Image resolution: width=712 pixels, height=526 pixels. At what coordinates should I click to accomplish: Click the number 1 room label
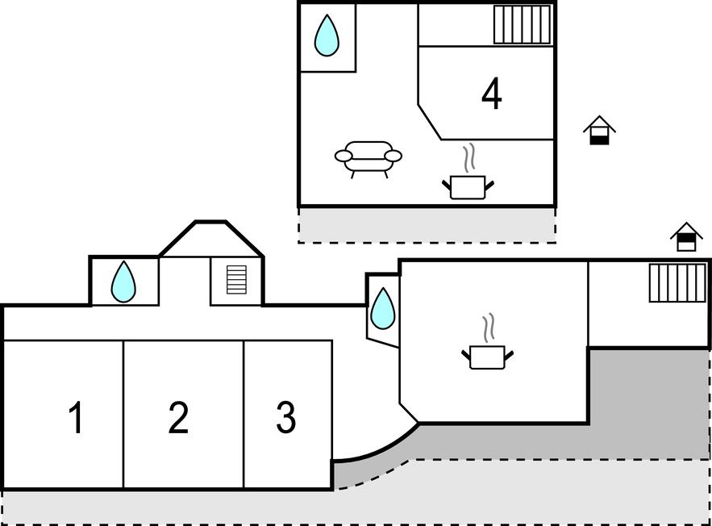pyautogui.click(x=76, y=418)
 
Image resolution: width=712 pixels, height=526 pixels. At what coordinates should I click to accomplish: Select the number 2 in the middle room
pyautogui.click(x=178, y=418)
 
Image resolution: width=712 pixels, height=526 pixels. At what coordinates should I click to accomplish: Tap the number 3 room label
pyautogui.click(x=285, y=418)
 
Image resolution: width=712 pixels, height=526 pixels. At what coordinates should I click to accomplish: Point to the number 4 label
pyautogui.click(x=491, y=94)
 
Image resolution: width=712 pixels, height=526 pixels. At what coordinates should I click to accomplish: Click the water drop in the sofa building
pyautogui.click(x=327, y=36)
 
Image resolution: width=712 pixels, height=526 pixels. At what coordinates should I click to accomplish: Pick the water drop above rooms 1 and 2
pyautogui.click(x=123, y=282)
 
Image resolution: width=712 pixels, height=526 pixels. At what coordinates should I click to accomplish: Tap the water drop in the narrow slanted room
pyautogui.click(x=383, y=309)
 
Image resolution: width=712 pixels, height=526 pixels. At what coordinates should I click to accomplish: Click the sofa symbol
pyautogui.click(x=368, y=157)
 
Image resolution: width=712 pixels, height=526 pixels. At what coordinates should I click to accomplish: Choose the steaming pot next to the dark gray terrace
pyautogui.click(x=488, y=356)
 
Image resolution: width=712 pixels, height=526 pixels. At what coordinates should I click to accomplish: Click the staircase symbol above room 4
pyautogui.click(x=522, y=24)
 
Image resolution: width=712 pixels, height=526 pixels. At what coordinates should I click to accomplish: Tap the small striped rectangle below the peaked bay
pyautogui.click(x=236, y=280)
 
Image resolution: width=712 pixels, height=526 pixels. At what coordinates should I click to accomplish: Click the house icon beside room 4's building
pyautogui.click(x=599, y=130)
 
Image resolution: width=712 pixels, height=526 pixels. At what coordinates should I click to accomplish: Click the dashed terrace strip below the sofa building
pyautogui.click(x=427, y=225)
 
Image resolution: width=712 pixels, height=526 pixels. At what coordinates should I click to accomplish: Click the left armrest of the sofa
pyautogui.click(x=344, y=156)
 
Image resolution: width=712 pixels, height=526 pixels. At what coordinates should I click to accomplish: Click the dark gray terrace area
pyautogui.click(x=645, y=403)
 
